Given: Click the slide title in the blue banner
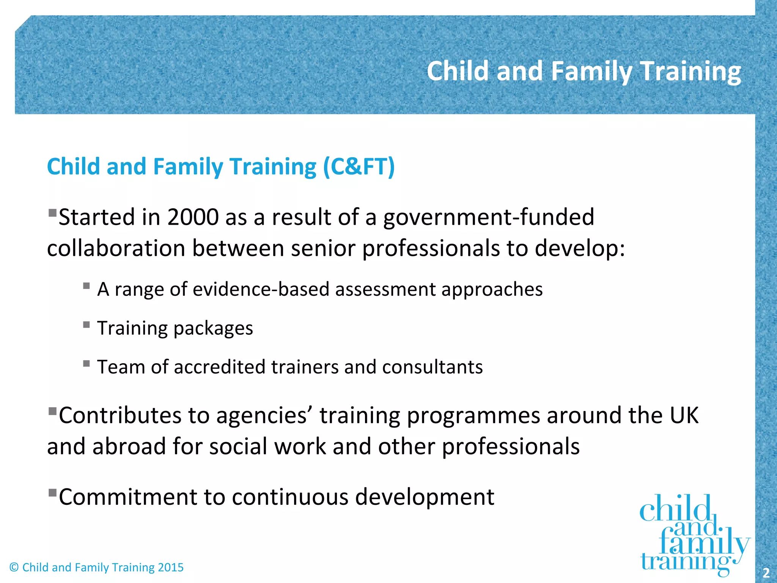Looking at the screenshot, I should tap(584, 71).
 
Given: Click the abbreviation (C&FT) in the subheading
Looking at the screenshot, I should tap(359, 167).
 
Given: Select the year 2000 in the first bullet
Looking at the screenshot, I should tap(193, 217).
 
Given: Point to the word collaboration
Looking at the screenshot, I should tap(116, 249).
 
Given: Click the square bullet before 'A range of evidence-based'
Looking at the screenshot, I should tap(87, 286).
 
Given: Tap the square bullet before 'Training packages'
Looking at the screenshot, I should tap(87, 325).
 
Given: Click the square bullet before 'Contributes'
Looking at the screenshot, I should tap(52, 411).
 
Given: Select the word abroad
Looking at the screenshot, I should tap(129, 446).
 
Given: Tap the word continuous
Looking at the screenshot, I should tap(290, 497).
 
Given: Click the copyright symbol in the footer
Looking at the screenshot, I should tap(14, 567).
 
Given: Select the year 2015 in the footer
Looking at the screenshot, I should tap(170, 567).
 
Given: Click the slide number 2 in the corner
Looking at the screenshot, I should tap(766, 572).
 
